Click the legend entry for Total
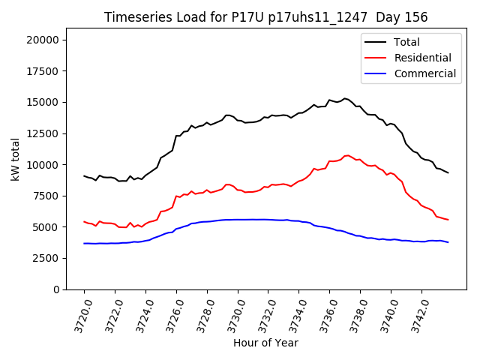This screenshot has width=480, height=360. point(406,42)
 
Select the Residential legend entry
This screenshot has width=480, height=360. point(422,58)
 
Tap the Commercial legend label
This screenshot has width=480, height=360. point(424,73)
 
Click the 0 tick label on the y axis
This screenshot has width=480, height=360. point(55,289)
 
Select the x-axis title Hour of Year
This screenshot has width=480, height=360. point(265,343)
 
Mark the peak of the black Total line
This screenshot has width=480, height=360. point(345,98)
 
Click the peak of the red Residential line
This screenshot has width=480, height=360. point(347,155)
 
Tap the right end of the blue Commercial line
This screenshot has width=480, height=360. point(448,242)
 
